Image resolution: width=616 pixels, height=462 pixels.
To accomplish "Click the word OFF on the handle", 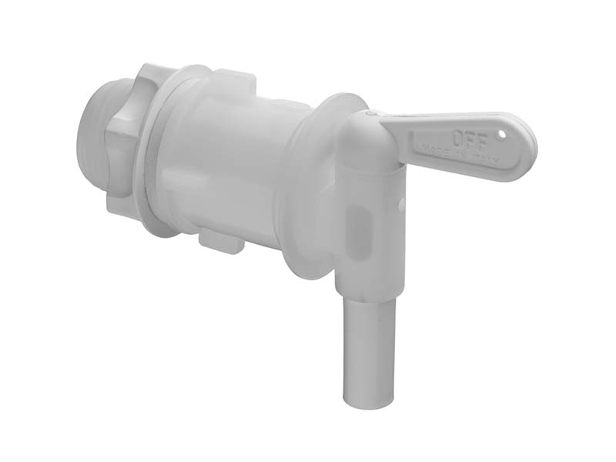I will click(x=466, y=139).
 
